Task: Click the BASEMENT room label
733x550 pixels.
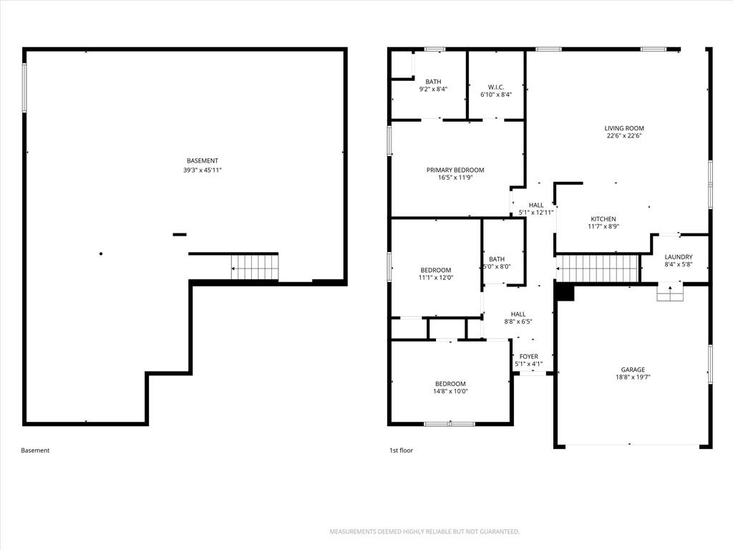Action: pyautogui.click(x=203, y=161)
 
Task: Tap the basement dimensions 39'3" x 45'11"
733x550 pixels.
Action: pyautogui.click(x=203, y=170)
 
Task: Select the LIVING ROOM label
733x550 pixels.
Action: pyautogui.click(x=624, y=128)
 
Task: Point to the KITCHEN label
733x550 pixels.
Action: pyautogui.click(x=603, y=219)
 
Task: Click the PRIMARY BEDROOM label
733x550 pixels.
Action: pyautogui.click(x=455, y=170)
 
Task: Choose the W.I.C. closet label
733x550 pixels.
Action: pyautogui.click(x=496, y=87)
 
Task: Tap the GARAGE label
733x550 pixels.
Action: pyautogui.click(x=633, y=370)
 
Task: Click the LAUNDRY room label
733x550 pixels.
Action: pyautogui.click(x=679, y=257)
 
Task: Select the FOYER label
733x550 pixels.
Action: pyautogui.click(x=529, y=357)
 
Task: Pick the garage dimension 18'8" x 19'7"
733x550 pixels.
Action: pyautogui.click(x=633, y=377)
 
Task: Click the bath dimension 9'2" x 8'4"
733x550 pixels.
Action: pyautogui.click(x=433, y=89)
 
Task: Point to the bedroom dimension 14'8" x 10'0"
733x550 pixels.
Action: pyautogui.click(x=450, y=392)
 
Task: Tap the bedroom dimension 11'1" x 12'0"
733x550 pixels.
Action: pyautogui.click(x=436, y=277)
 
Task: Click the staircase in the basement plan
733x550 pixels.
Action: pyautogui.click(x=255, y=267)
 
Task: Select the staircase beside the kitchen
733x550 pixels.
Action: pyautogui.click(x=598, y=269)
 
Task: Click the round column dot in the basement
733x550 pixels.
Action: pyautogui.click(x=101, y=254)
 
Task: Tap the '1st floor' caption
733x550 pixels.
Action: pyautogui.click(x=401, y=450)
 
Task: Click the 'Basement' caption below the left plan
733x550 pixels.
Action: pyautogui.click(x=35, y=450)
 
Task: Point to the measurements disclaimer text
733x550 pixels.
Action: pyautogui.click(x=424, y=532)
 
